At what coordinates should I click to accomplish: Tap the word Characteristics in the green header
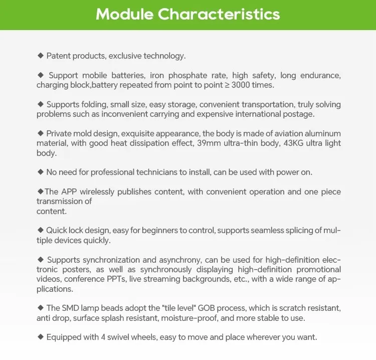point(219,14)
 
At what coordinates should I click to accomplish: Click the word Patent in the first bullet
point(58,56)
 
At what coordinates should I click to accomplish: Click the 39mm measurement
point(206,143)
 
